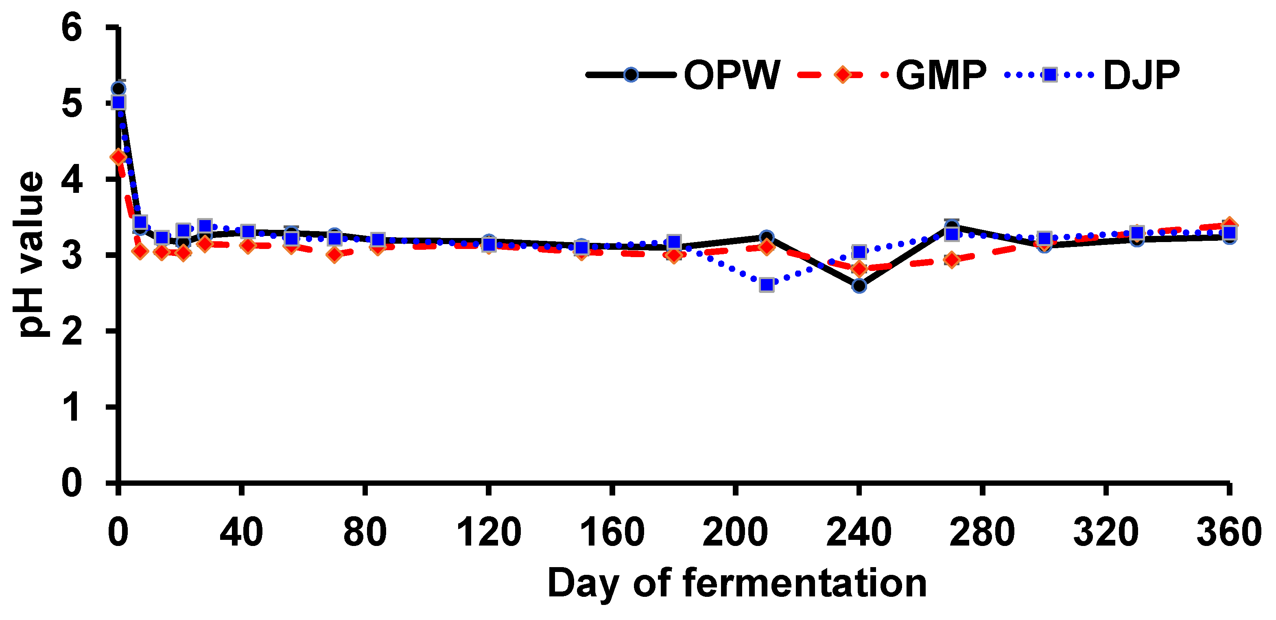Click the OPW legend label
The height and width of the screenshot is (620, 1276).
point(732,75)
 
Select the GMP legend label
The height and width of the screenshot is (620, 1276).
point(941,75)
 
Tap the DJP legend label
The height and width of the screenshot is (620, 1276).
point(1141,75)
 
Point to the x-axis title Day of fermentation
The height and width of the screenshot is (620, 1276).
point(736,583)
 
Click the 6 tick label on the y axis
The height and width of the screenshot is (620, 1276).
point(72,28)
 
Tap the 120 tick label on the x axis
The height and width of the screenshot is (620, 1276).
point(488,533)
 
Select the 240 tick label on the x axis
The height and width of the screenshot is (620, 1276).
point(859,533)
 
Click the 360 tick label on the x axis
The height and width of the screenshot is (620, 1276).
point(1228,533)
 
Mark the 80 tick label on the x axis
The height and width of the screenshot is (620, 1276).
point(365,533)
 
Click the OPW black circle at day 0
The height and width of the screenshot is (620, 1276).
point(118,89)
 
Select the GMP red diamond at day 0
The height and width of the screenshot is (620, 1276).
point(118,157)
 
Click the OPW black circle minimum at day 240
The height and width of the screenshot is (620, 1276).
point(859,286)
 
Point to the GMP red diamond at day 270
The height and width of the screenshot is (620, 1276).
point(952,259)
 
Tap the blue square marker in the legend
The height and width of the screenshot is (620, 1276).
point(1049,75)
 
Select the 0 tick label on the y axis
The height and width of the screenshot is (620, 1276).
point(72,483)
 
